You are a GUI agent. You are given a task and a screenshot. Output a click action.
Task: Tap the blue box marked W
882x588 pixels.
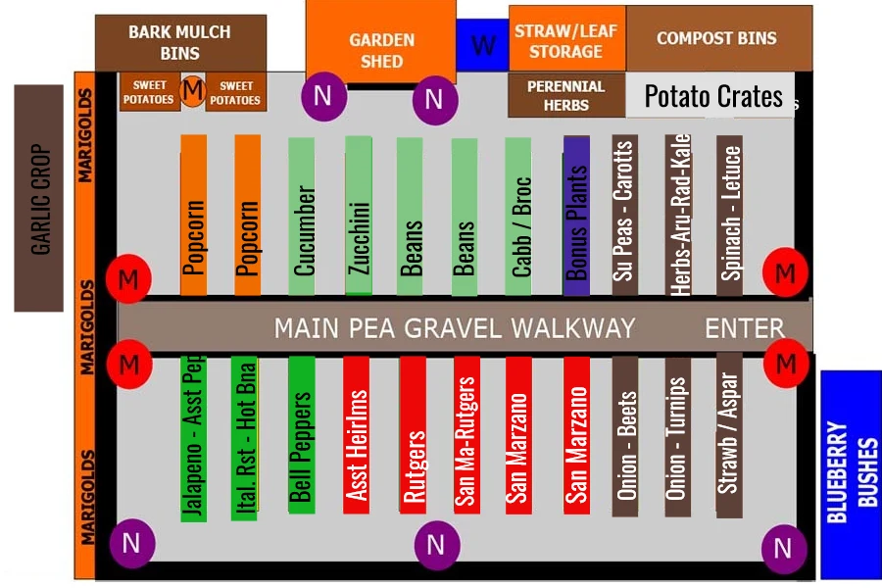pos(482,45)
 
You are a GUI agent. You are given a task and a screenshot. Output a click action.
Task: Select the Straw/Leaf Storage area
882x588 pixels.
pos(566,39)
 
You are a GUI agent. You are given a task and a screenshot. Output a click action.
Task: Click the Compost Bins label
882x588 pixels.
pos(717,38)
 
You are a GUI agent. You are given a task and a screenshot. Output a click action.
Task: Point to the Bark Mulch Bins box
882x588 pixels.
pos(179,42)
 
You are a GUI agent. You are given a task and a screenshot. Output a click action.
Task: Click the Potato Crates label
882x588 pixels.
pos(712,96)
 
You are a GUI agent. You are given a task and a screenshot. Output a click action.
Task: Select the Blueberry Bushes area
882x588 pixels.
pos(850,474)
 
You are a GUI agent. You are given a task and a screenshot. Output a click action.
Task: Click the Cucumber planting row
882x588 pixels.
pos(302,218)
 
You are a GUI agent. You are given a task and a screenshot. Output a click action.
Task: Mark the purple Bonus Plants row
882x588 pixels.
pos(576,216)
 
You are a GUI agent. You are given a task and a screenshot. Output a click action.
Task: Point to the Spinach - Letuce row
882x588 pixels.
pos(729,216)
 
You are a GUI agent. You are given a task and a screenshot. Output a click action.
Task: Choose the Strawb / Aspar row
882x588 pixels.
pos(728,433)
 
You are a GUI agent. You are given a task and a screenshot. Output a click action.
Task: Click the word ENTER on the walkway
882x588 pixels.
pos(745,328)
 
